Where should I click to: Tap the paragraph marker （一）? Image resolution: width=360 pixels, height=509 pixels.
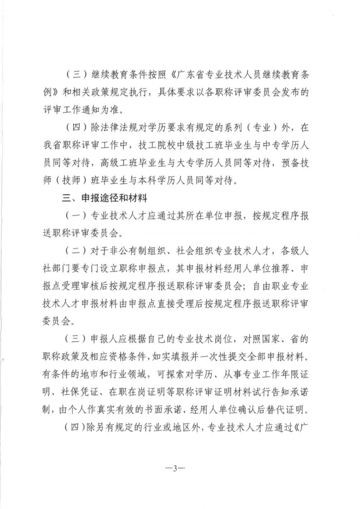click(x=74, y=216)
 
